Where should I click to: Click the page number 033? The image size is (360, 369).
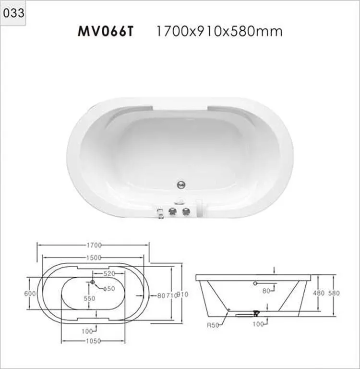pyautogui.click(x=13, y=13)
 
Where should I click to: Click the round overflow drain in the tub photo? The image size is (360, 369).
pyautogui.click(x=181, y=183)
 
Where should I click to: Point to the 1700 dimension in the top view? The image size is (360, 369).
pyautogui.click(x=94, y=245)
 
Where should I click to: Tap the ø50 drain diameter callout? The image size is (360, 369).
pyautogui.click(x=109, y=289)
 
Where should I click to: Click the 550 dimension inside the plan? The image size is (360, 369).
pyautogui.click(x=90, y=298)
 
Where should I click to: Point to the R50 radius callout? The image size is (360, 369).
pyautogui.click(x=213, y=325)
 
